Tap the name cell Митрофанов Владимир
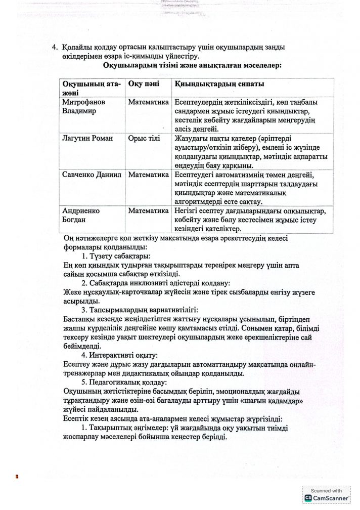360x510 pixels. [x=85, y=107]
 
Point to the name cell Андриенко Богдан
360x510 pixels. [x=81, y=215]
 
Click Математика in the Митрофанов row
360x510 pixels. [x=148, y=102]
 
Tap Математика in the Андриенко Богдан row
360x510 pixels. [x=148, y=210]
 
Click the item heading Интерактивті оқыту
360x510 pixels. [x=123, y=356]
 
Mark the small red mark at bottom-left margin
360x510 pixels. [x=17, y=476]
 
